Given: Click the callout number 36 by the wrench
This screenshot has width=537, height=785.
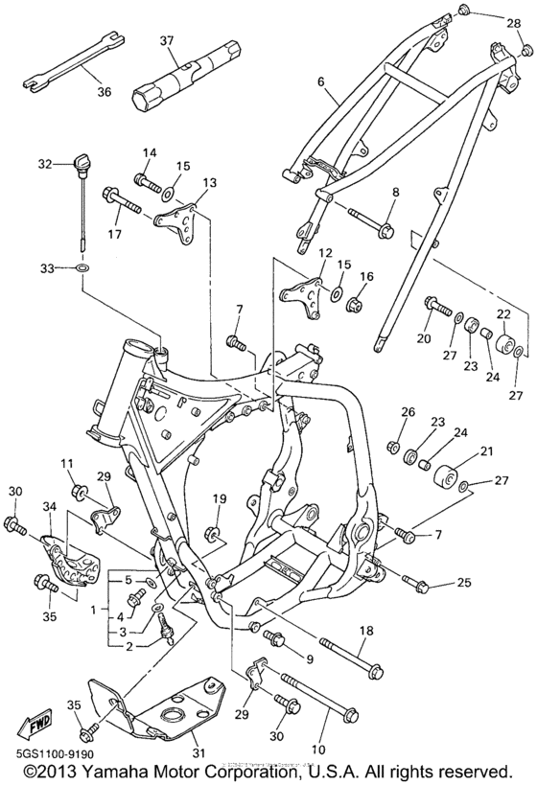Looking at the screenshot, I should pos(103,92).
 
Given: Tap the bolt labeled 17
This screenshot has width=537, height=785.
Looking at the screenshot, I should pos(125,202).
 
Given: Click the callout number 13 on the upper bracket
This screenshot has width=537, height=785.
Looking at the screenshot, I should pos(209,181).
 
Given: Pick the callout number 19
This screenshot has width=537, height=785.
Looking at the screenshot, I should pos(219,498).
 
